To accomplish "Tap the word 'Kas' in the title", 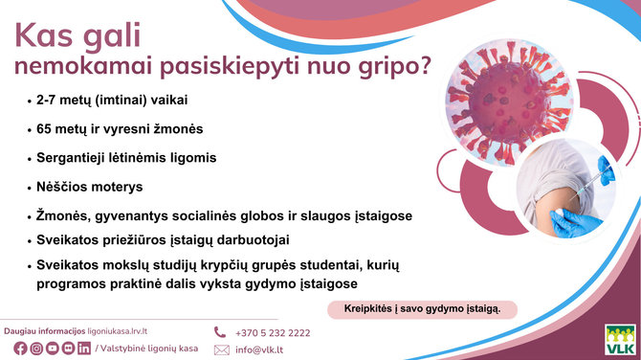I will [45, 34].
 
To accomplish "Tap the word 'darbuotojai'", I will [261, 239].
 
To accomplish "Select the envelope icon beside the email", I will [222, 349].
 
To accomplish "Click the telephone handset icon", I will [221, 332].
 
